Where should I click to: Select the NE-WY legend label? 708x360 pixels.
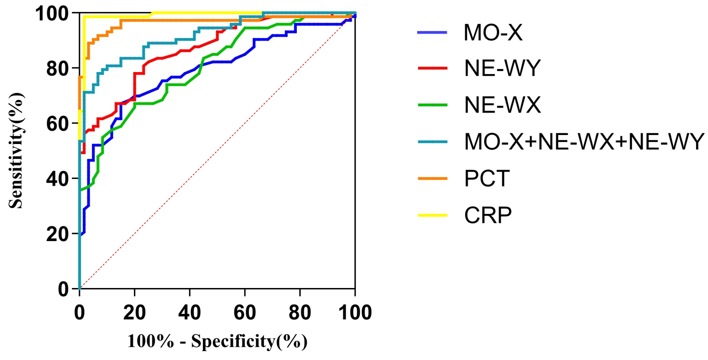pyautogui.click(x=502, y=69)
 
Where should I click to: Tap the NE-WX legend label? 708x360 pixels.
pyautogui.click(x=502, y=105)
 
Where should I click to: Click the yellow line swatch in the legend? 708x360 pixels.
pyautogui.click(x=434, y=215)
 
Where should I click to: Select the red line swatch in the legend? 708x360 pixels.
pyautogui.click(x=434, y=69)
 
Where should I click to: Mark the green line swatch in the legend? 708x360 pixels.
pyautogui.click(x=434, y=106)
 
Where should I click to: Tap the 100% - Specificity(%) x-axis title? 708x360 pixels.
pyautogui.click(x=217, y=342)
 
